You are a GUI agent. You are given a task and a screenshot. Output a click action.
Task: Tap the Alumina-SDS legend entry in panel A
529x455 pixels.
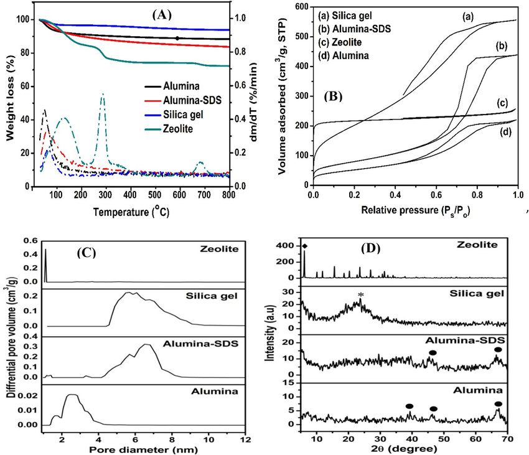point(178,100)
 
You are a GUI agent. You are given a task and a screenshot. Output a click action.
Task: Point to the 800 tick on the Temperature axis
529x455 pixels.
point(229,194)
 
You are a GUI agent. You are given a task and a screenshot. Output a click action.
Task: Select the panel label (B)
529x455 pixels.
point(337,97)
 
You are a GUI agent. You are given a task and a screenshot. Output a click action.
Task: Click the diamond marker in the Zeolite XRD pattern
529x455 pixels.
point(305,246)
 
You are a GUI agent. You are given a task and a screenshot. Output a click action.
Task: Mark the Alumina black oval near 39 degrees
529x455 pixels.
point(409,406)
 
